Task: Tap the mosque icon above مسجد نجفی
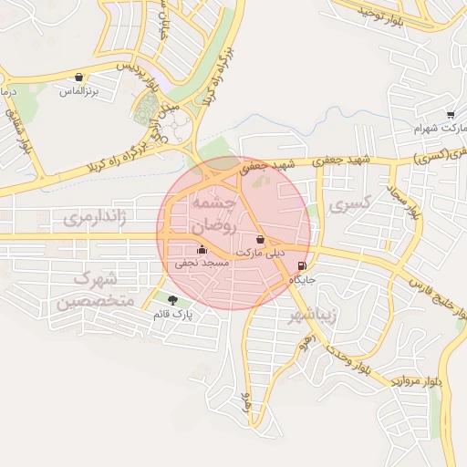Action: (202, 249)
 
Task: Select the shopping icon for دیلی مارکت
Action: (262, 239)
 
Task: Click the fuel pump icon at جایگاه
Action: (302, 267)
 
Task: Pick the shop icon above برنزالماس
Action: (79, 78)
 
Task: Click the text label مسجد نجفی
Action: (202, 264)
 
